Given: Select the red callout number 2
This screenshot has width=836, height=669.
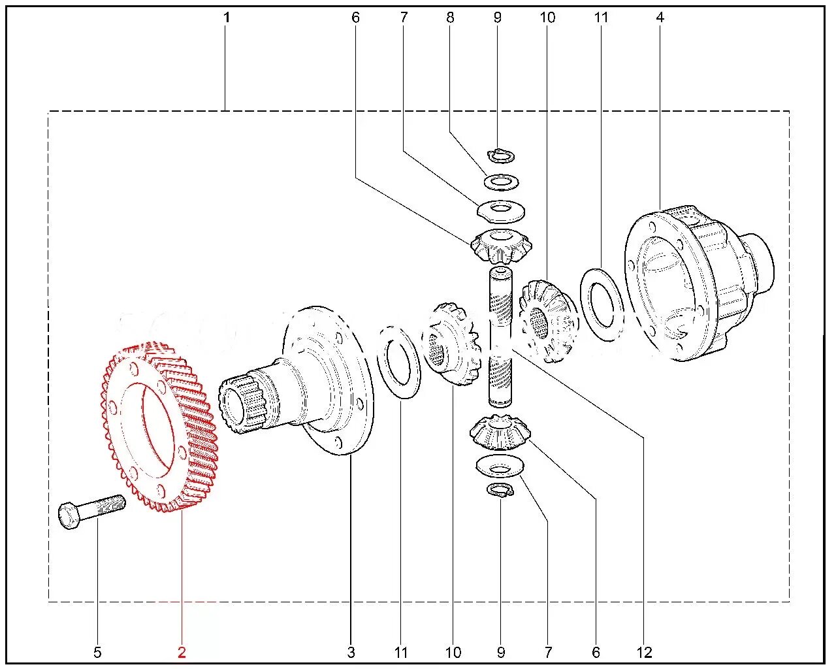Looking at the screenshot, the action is click(x=182, y=652).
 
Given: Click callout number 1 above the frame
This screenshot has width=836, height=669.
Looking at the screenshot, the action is click(x=227, y=18).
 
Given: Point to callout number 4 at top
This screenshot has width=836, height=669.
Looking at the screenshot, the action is click(x=660, y=18).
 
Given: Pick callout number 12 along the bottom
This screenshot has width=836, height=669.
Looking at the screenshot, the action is click(x=644, y=652).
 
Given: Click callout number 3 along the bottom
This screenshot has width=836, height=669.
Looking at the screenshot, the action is click(x=351, y=652).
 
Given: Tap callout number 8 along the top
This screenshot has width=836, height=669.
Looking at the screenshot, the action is click(x=450, y=18).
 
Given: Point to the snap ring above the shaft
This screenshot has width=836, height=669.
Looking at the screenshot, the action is click(x=502, y=155).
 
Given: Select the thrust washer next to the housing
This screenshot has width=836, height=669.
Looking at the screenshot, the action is click(x=602, y=303).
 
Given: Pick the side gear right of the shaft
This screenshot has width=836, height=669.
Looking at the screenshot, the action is click(x=546, y=320).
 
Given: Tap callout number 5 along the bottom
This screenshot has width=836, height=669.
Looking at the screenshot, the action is click(x=97, y=652).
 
